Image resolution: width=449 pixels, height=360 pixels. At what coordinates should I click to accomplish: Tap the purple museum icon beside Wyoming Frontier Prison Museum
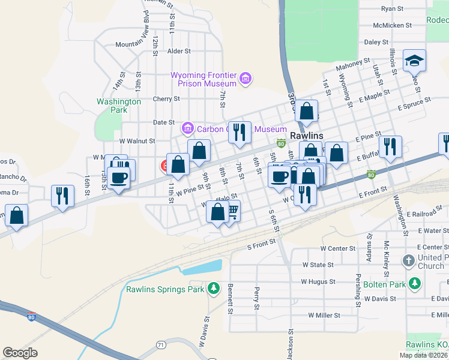(245, 79)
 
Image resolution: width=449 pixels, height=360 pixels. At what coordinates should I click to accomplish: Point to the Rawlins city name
(306, 136)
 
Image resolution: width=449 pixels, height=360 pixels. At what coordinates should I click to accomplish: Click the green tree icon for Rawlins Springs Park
(212, 289)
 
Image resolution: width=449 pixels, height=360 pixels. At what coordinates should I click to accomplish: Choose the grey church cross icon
(408, 260)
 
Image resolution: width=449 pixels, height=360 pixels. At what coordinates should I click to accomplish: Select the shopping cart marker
(231, 211)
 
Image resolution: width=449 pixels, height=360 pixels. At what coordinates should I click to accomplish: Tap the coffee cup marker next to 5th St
(279, 176)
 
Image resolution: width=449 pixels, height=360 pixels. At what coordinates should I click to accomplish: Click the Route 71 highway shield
(161, 344)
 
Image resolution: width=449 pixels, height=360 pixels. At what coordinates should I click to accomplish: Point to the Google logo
(20, 353)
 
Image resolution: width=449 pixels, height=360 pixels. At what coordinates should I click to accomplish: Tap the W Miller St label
(324, 314)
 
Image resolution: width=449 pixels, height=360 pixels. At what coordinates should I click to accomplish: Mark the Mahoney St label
(353, 62)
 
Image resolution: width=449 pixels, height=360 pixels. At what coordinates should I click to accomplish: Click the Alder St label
(179, 52)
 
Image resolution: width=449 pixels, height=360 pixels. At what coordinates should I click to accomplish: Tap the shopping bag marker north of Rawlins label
(306, 111)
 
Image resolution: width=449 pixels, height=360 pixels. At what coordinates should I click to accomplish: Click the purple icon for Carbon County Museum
(187, 128)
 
